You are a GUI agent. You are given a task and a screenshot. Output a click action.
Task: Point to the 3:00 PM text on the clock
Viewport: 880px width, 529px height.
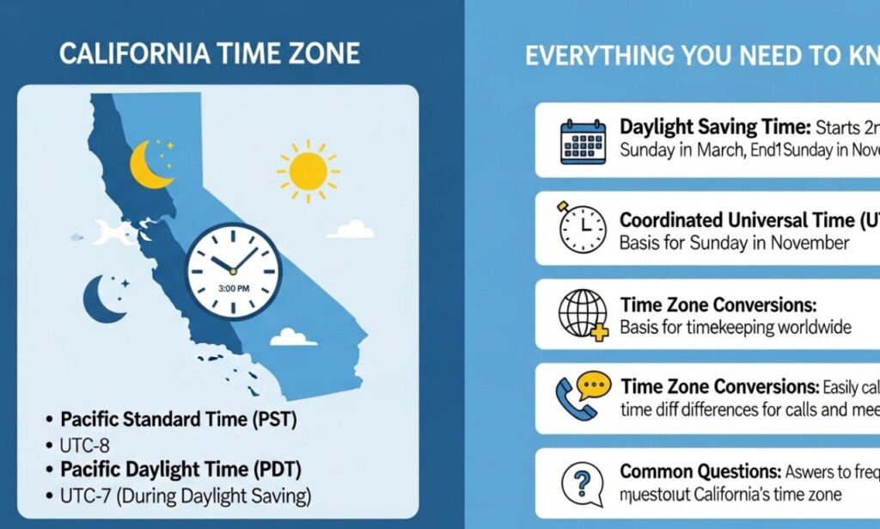click(234, 288)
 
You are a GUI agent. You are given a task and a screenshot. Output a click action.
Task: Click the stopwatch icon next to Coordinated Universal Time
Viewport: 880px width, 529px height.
click(583, 229)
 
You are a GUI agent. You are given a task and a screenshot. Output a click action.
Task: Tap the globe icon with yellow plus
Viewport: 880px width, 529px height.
click(583, 315)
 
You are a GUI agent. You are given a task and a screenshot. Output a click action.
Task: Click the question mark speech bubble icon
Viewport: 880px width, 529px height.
click(583, 483)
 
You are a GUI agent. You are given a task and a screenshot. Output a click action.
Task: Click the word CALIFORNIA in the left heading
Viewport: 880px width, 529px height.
click(129, 54)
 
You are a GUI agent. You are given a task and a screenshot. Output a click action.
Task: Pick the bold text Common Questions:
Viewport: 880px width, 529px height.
click(699, 471)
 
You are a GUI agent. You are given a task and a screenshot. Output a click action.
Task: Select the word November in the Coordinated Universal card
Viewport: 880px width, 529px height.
click(798, 243)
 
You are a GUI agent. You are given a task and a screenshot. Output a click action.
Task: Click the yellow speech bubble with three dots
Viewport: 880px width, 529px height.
click(593, 384)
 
